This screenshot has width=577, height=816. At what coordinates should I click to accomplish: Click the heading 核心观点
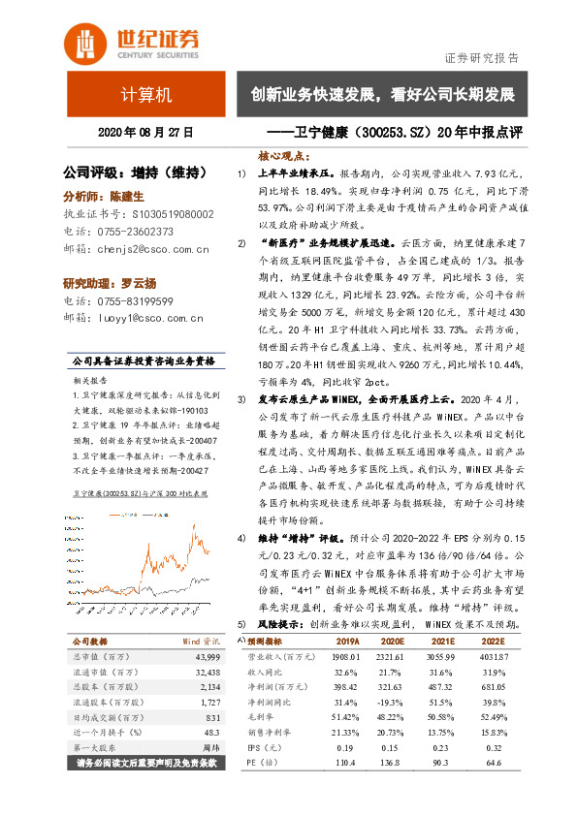click(x=283, y=155)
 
